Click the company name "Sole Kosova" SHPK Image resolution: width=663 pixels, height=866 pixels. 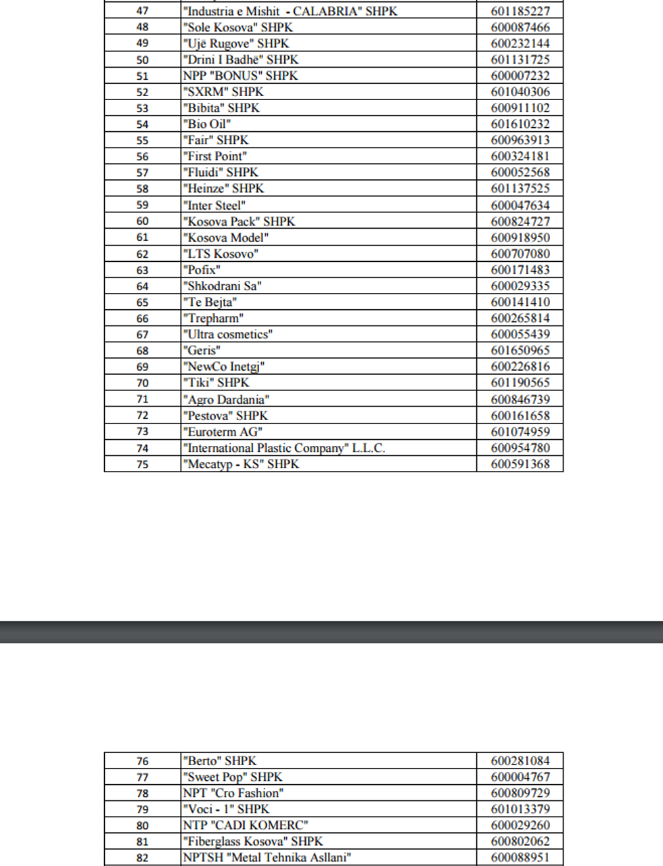(x=238, y=28)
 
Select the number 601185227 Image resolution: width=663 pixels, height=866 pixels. (x=520, y=12)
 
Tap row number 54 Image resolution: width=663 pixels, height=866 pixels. (x=142, y=124)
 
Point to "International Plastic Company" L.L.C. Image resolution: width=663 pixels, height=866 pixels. (x=284, y=448)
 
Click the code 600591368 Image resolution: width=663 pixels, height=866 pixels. (x=520, y=464)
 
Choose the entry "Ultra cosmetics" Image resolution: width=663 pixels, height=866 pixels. (x=228, y=334)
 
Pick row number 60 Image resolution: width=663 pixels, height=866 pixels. (x=142, y=221)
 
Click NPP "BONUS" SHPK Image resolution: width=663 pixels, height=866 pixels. (x=240, y=76)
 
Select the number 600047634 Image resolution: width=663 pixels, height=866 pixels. (x=520, y=205)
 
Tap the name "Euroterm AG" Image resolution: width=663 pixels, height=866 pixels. (x=223, y=432)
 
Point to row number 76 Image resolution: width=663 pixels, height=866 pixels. (x=142, y=761)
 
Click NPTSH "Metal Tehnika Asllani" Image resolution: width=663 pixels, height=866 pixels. (x=267, y=858)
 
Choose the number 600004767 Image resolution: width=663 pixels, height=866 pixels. (x=520, y=777)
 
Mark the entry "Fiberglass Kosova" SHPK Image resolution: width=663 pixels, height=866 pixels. (x=253, y=842)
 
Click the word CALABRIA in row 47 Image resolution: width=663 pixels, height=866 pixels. (x=325, y=12)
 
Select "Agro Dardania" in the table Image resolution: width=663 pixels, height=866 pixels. (x=227, y=400)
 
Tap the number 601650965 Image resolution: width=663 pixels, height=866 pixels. (x=520, y=350)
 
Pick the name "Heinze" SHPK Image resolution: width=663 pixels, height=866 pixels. (x=224, y=189)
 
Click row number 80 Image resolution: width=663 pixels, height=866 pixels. (x=142, y=825)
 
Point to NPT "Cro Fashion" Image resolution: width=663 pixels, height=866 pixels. (x=233, y=793)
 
